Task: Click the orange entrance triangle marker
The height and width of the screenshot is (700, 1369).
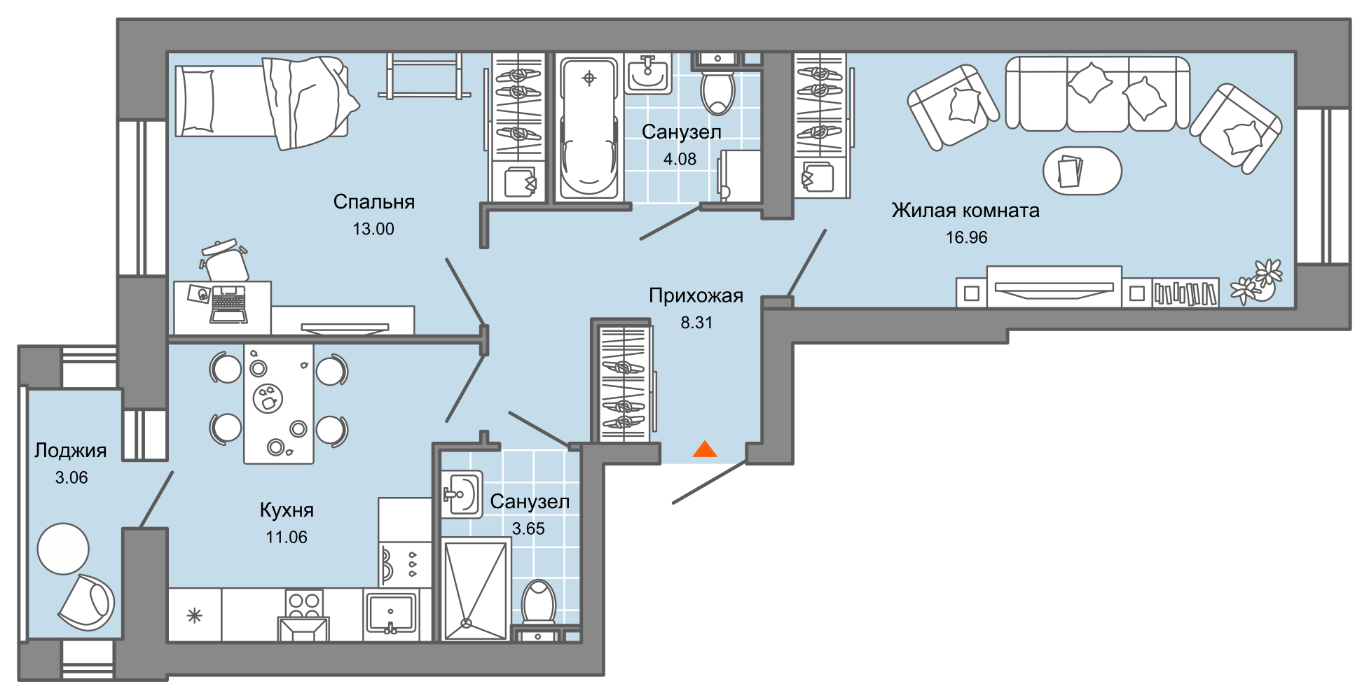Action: [x=705, y=449]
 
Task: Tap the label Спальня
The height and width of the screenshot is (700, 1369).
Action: [x=373, y=202]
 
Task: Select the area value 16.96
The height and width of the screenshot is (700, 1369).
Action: [x=966, y=238]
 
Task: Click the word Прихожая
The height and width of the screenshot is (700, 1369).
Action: [x=695, y=296]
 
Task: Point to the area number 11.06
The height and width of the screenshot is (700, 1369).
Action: [x=286, y=538]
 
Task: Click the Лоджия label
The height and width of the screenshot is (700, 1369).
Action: [x=70, y=451]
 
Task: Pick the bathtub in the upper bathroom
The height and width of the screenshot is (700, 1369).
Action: [x=589, y=127]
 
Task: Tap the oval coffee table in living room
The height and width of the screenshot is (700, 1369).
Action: [x=1082, y=171]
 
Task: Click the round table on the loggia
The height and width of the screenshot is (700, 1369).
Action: [x=63, y=549]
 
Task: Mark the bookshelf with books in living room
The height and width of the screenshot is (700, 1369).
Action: [x=1185, y=293]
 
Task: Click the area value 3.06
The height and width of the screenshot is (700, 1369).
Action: [x=71, y=478]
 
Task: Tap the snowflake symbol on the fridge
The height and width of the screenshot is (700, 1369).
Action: [x=194, y=616]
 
